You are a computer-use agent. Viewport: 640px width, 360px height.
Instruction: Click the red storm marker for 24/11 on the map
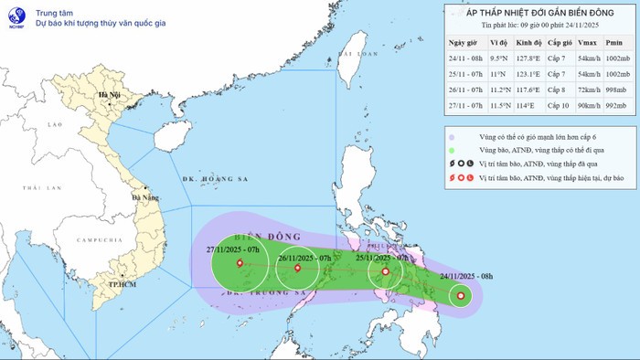pyautogui.click(x=460, y=294)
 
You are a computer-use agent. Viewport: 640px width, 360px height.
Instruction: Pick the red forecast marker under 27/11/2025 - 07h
pyautogui.click(x=240, y=263)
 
